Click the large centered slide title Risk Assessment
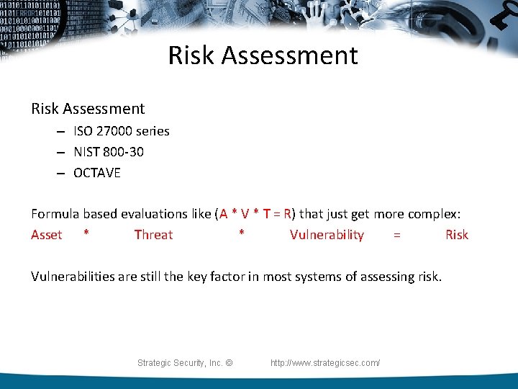(263, 55)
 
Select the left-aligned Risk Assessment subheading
(88, 109)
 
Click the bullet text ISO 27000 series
(121, 131)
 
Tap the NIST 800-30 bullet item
(108, 152)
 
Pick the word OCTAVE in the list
(97, 173)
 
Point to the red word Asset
(47, 235)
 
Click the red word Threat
(153, 235)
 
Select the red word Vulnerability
(327, 235)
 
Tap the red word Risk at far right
(456, 235)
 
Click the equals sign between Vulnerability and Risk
(396, 235)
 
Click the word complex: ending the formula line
(435, 214)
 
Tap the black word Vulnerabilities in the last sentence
(73, 277)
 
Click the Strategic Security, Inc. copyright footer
(185, 363)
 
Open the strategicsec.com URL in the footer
(325, 363)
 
